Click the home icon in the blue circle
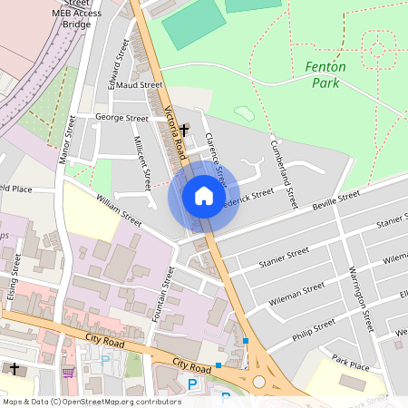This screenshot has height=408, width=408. tap(204, 196)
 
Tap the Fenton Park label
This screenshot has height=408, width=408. tap(325, 74)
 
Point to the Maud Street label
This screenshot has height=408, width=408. tap(139, 84)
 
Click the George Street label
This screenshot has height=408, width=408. tap(122, 118)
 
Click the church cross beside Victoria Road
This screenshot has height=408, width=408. tap(184, 131)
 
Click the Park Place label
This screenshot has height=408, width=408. tap(350, 362)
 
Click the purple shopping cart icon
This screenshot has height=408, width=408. tap(67, 371)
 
